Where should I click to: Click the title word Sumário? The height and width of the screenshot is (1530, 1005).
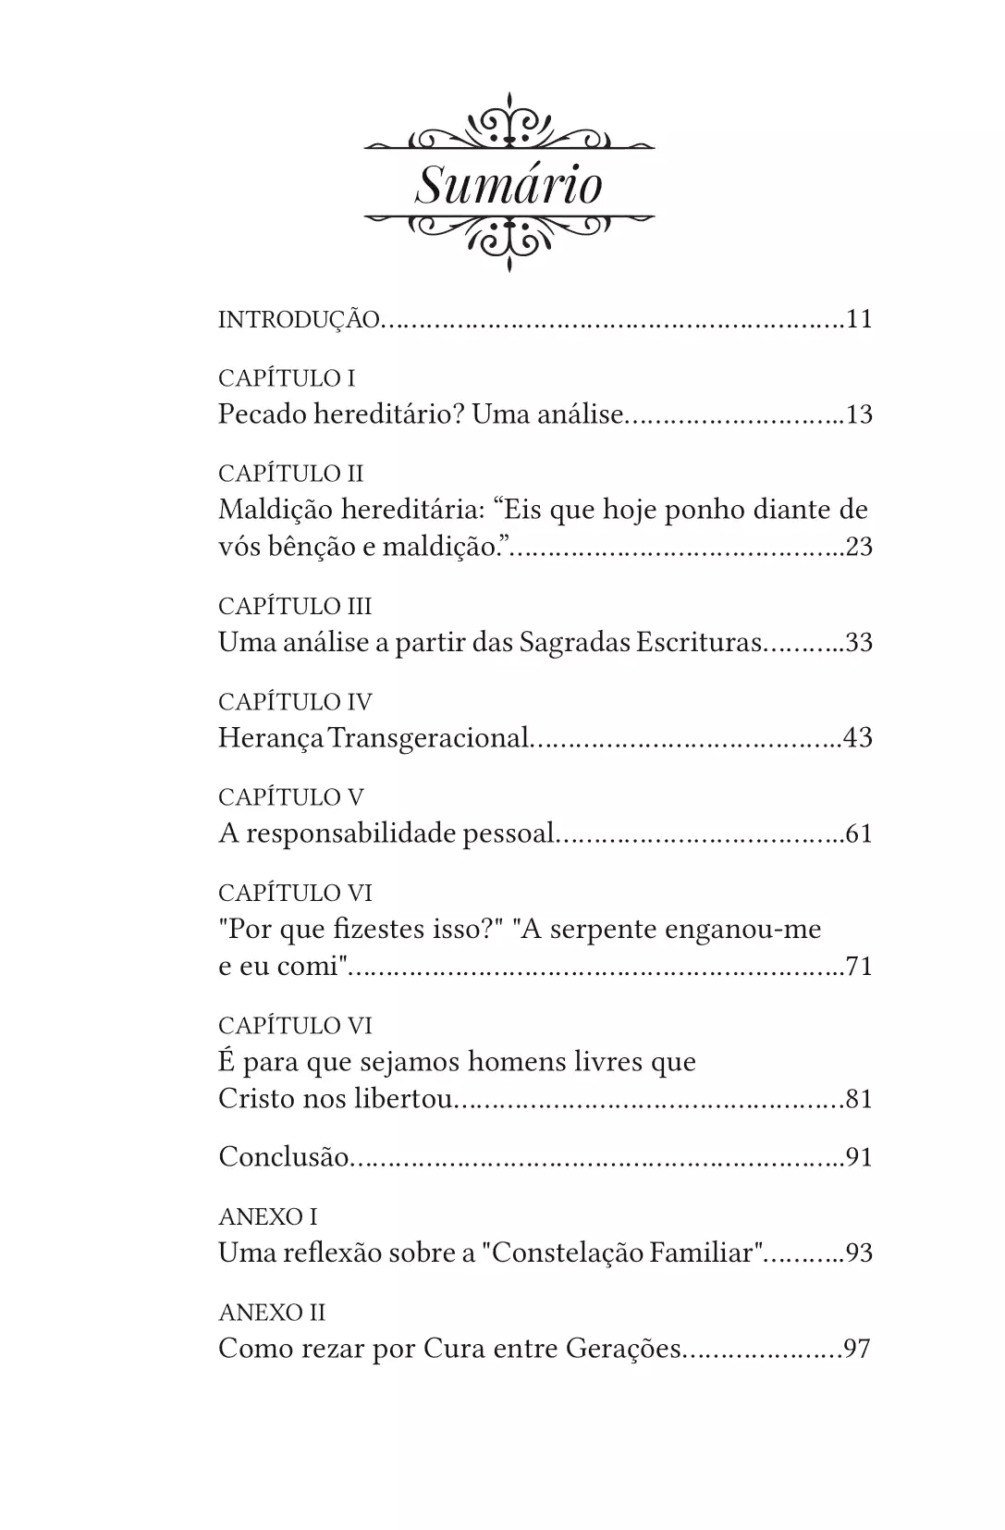click(x=509, y=185)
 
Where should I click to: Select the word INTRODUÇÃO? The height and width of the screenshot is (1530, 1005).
click(x=299, y=320)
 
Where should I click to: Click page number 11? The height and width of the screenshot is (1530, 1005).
click(x=859, y=320)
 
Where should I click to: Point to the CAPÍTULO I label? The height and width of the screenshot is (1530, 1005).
click(x=287, y=378)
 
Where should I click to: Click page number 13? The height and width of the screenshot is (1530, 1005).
click(x=859, y=414)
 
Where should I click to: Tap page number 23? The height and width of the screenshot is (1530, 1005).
click(x=859, y=547)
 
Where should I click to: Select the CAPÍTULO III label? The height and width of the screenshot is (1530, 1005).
click(x=295, y=607)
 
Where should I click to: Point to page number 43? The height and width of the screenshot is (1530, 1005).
click(x=859, y=738)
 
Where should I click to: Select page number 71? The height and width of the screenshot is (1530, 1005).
click(x=859, y=967)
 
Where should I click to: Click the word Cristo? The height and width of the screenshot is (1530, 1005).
click(x=253, y=1099)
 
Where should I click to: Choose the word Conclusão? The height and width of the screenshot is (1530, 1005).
click(x=283, y=1157)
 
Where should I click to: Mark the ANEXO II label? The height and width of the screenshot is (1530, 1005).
click(x=272, y=1313)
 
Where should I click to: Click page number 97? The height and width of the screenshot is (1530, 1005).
click(x=857, y=1349)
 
